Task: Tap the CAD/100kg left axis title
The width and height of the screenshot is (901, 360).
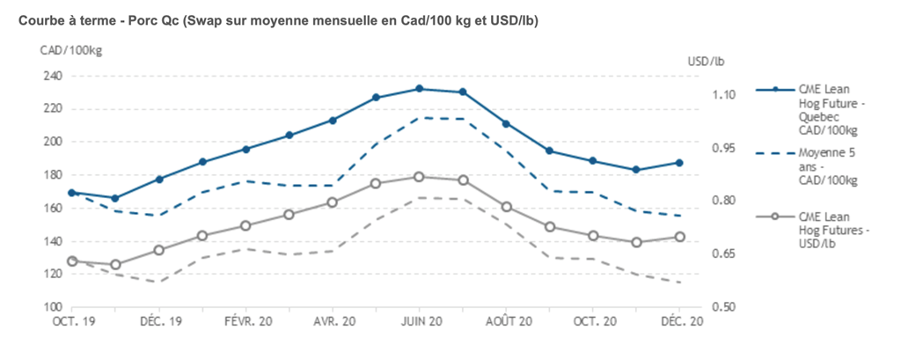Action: [71, 50]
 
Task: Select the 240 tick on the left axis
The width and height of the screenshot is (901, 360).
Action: [53, 76]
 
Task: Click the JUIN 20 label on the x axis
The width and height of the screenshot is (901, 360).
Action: [420, 322]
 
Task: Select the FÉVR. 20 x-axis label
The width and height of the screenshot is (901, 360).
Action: [246, 322]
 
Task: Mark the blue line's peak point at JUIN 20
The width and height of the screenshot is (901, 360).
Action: [420, 89]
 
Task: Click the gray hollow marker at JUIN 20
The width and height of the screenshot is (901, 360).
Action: [420, 177]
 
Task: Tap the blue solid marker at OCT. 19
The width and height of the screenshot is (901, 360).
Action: [72, 193]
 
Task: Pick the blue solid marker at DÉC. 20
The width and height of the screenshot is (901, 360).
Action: [679, 163]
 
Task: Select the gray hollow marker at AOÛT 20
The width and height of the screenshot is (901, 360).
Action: [506, 207]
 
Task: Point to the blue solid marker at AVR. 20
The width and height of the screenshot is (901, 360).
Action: [333, 120]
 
